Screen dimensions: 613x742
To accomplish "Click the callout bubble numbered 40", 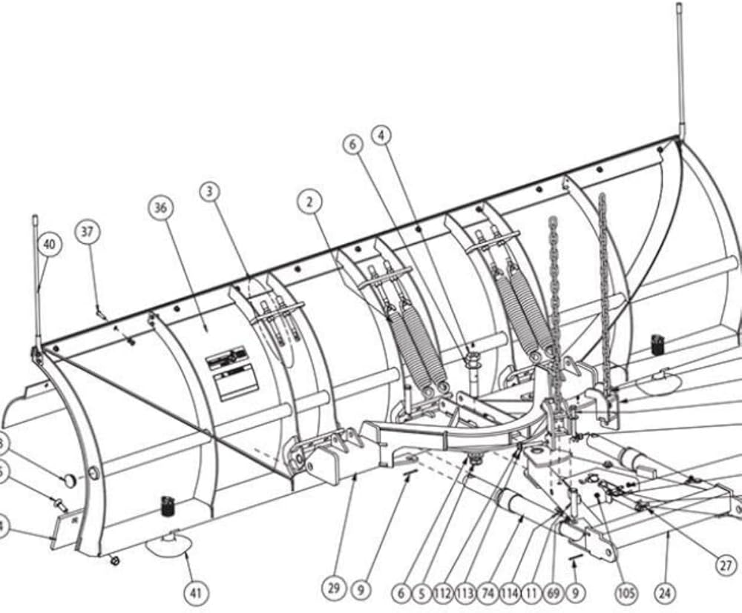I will (x=49, y=245).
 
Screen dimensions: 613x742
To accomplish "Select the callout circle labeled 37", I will (x=88, y=232).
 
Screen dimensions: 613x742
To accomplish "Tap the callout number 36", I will (x=161, y=208).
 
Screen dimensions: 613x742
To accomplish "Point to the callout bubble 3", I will (x=210, y=192).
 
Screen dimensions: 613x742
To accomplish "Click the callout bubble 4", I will (x=381, y=136).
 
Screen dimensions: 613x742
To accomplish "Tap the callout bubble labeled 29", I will (x=334, y=589).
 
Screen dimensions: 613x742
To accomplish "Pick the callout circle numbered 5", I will (x=422, y=593).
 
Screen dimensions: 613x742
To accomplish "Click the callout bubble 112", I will (x=444, y=593).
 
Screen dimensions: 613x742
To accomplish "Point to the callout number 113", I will (x=466, y=593).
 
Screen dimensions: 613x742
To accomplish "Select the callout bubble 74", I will (x=488, y=593).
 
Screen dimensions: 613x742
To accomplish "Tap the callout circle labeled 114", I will (x=510, y=593).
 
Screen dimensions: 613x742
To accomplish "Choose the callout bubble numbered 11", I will (x=532, y=593).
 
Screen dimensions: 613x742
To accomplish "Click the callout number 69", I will (x=553, y=593).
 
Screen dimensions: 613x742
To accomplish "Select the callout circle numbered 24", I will (x=665, y=593).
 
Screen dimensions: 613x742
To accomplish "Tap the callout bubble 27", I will (x=726, y=565).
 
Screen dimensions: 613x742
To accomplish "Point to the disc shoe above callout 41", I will (x=170, y=546).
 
